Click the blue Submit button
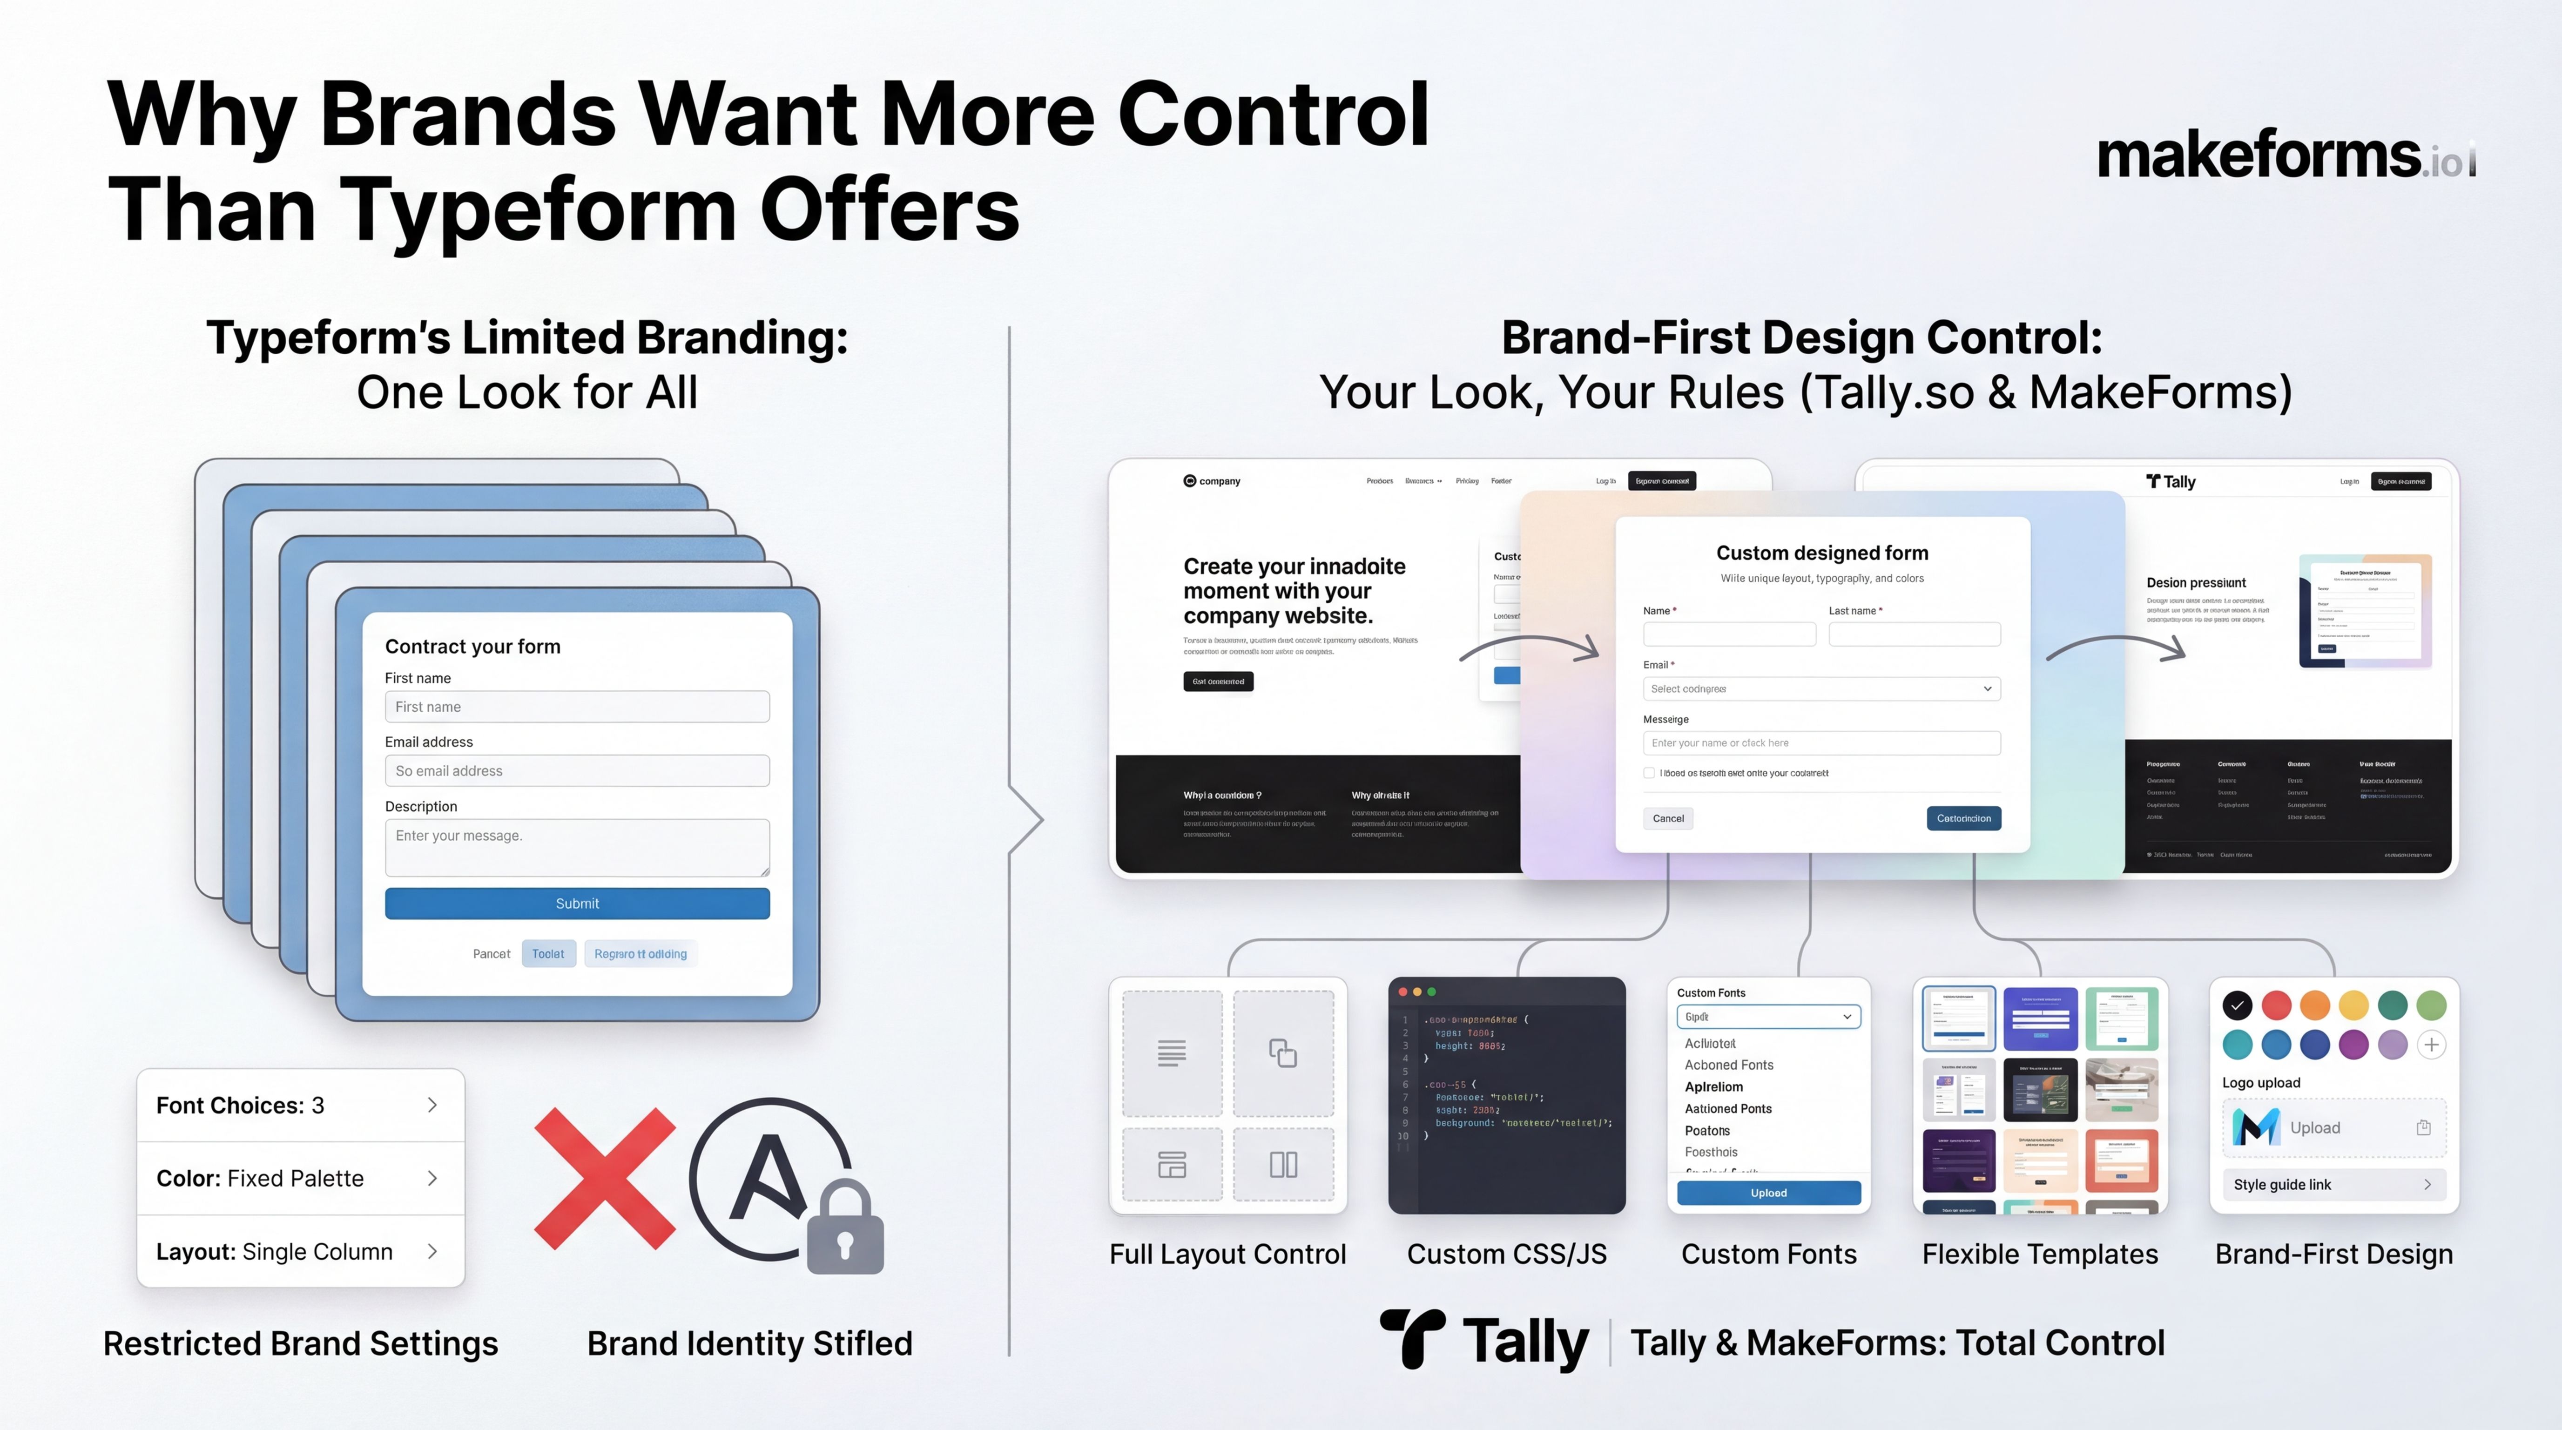pyautogui.click(x=577, y=903)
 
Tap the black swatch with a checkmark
pyautogui.click(x=2237, y=1005)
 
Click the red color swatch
pyautogui.click(x=2277, y=1005)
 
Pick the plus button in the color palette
pyautogui.click(x=2432, y=1044)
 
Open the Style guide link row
pyautogui.click(x=2333, y=1184)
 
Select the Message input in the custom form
pyautogui.click(x=1821, y=743)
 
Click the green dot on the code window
pyautogui.click(x=1432, y=992)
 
